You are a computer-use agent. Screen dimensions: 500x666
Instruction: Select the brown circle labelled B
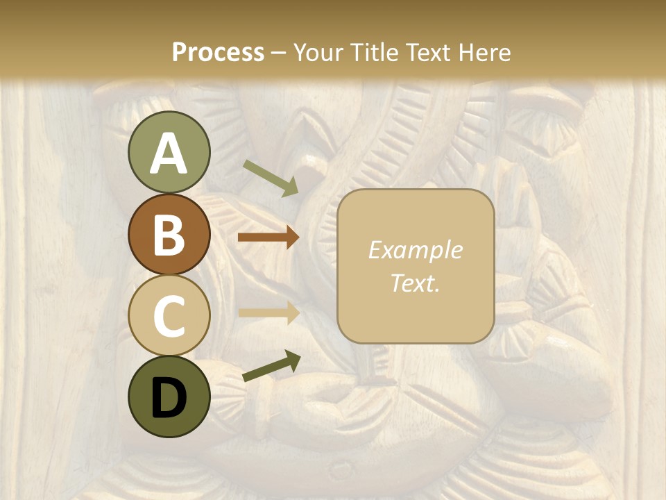click(x=169, y=234)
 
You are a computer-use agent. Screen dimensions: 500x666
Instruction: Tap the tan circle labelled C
click(x=169, y=315)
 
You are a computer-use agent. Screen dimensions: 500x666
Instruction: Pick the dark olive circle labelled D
click(x=169, y=397)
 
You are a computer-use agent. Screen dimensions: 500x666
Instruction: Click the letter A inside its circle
click(x=169, y=153)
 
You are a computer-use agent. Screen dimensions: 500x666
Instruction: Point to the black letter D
click(x=169, y=398)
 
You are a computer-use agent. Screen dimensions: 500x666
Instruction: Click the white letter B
click(x=169, y=235)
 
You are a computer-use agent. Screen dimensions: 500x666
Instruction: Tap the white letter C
click(x=169, y=317)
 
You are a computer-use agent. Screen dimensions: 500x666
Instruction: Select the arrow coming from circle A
click(x=271, y=178)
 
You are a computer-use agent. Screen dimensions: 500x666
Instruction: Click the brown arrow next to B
click(x=268, y=237)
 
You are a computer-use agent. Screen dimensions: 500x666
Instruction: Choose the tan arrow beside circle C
click(x=268, y=313)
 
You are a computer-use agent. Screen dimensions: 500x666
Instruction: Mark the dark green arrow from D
click(x=271, y=367)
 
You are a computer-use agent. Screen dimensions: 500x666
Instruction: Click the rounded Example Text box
click(x=416, y=266)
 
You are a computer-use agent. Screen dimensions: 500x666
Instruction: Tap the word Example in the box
click(x=416, y=250)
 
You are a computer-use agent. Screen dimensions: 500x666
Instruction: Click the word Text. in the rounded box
click(x=416, y=283)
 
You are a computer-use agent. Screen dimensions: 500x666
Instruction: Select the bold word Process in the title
click(x=218, y=52)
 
